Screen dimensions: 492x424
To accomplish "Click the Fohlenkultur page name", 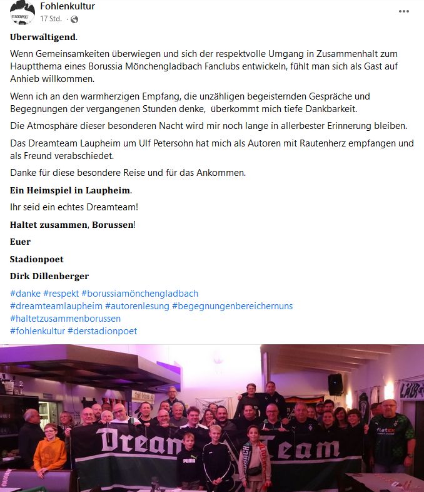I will tap(67, 6).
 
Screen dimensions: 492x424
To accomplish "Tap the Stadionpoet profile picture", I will tap(23, 13).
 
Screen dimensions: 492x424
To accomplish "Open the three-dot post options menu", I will tap(404, 11).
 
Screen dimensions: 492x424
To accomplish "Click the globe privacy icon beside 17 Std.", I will tap(74, 19).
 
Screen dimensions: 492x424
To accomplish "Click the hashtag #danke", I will tap(25, 293).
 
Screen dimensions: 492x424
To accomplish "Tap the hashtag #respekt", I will tap(61, 293).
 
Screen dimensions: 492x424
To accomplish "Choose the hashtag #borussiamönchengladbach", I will tap(139, 293).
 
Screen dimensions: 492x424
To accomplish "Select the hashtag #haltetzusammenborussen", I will tap(65, 319).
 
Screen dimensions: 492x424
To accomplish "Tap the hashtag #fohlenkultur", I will tap(37, 331).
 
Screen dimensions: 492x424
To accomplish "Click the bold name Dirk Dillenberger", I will tap(49, 276).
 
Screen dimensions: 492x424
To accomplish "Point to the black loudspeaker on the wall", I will tap(335, 384).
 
